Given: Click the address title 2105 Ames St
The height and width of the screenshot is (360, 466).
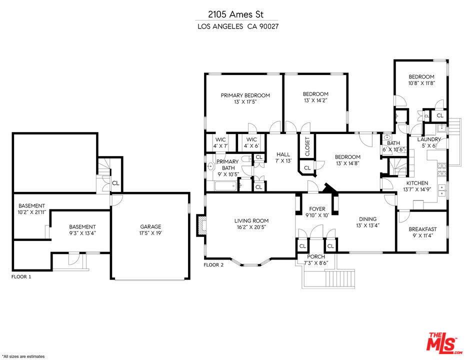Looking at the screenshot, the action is click(x=235, y=14).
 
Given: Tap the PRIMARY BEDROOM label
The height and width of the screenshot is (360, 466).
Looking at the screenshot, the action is click(x=245, y=95).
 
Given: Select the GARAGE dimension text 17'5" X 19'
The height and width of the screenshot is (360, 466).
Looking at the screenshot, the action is click(x=150, y=233).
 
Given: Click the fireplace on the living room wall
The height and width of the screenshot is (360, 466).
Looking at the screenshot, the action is click(x=201, y=225).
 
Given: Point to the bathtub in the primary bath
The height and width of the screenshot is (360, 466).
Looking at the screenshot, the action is click(x=225, y=186).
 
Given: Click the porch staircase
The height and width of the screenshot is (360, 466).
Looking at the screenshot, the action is click(x=340, y=278).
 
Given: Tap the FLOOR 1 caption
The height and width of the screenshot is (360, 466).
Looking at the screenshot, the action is click(x=21, y=277).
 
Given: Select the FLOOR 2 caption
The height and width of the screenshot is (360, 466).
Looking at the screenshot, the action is click(x=213, y=265).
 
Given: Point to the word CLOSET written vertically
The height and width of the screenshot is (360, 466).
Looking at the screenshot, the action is click(x=307, y=146).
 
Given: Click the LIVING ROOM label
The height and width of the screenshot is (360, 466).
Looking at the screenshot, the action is click(x=251, y=221).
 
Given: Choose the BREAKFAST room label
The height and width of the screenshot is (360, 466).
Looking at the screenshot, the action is click(x=422, y=229).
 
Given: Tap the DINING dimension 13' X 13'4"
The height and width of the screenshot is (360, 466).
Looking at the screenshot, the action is click(x=368, y=225).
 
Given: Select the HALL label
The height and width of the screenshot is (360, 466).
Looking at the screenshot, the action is click(x=283, y=154).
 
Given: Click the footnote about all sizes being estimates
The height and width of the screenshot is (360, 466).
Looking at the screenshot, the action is click(x=23, y=356).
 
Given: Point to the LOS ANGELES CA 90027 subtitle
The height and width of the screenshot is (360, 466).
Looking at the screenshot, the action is click(x=238, y=26).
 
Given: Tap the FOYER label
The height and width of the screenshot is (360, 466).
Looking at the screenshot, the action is click(x=317, y=209).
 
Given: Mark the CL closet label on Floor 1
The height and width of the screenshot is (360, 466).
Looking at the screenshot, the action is click(x=115, y=183).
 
